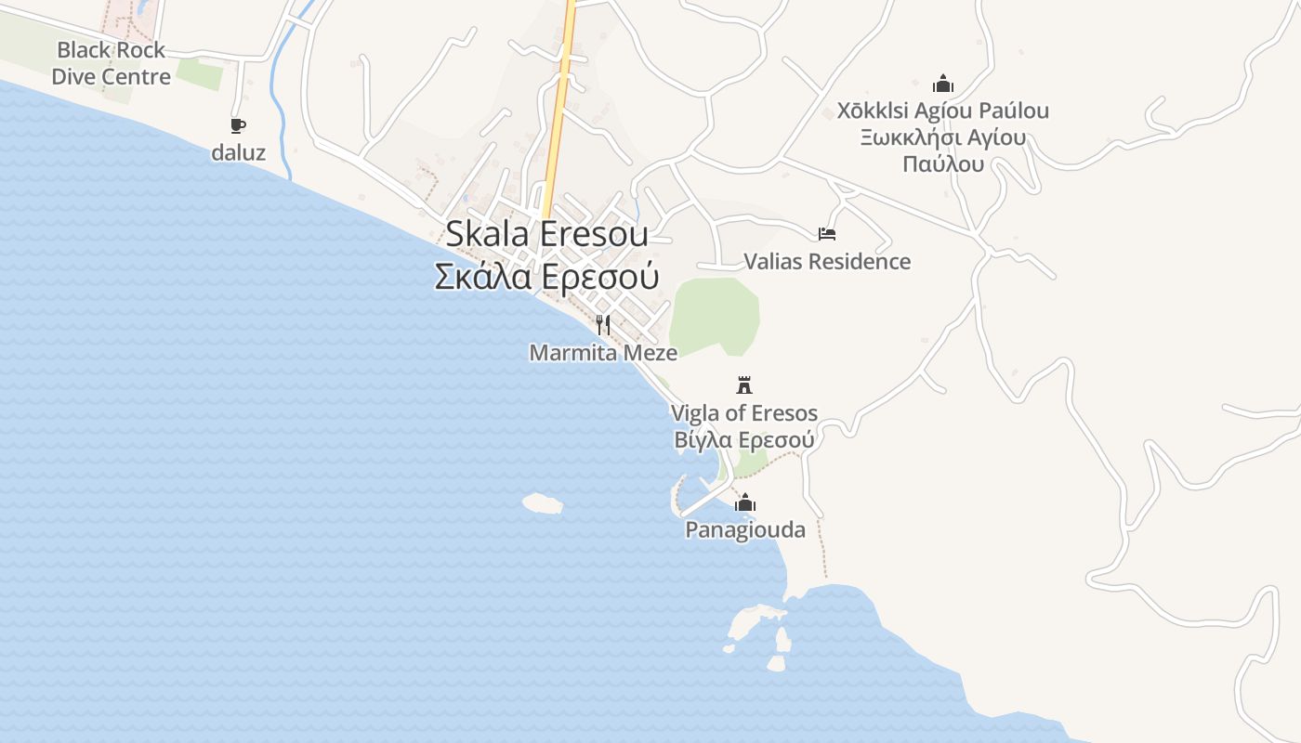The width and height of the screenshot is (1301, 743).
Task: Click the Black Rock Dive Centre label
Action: [x=112, y=63]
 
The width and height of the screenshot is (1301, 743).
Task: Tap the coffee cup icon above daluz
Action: [x=238, y=125]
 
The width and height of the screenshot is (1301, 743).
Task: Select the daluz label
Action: [x=238, y=153]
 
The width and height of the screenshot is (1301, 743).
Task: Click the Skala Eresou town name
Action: [x=546, y=233]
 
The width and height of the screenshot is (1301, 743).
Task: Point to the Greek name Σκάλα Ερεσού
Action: [x=546, y=277]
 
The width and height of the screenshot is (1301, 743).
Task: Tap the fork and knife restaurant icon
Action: [x=603, y=324]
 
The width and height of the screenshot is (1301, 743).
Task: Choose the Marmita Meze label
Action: [x=603, y=353]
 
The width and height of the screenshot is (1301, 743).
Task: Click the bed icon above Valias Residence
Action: [x=826, y=233]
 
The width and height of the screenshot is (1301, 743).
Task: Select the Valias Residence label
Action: [x=827, y=262]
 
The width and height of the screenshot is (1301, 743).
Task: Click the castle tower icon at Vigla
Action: [x=743, y=385]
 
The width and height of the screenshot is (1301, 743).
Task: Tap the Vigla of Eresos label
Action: [x=744, y=413]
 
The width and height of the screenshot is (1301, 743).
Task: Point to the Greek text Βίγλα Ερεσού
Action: [x=744, y=439]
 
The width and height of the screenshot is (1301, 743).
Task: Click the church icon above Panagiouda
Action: [x=744, y=503]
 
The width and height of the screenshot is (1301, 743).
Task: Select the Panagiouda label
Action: [x=744, y=530]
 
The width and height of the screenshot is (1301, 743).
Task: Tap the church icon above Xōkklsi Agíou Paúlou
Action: [x=943, y=84]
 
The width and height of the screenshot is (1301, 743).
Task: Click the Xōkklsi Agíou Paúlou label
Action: [x=943, y=111]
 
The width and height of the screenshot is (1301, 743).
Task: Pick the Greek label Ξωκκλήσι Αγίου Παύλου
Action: [x=943, y=151]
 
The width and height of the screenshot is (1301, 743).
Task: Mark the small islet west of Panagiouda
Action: [x=543, y=503]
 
